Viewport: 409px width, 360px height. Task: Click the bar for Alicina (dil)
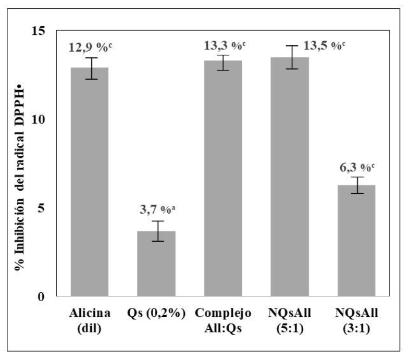89,182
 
